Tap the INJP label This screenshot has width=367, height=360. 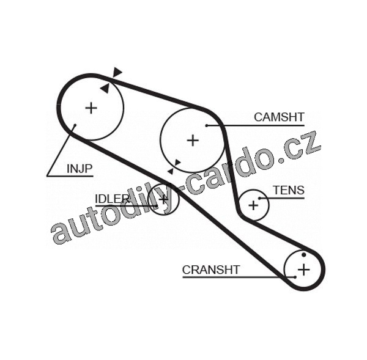pos(79,167)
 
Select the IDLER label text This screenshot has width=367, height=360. pos(112,198)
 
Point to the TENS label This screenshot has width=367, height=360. pos(288,190)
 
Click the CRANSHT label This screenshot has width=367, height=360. pos(211,270)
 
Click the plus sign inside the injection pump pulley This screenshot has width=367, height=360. pos(91,108)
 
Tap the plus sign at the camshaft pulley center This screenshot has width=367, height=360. pos(193,141)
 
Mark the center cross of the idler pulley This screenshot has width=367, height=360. pos(164,199)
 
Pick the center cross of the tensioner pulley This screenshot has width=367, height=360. pos(253,205)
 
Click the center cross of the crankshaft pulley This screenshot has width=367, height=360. pos(304,269)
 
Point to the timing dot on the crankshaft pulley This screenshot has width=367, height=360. pos(304,254)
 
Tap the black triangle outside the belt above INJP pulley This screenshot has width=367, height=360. pos(117,72)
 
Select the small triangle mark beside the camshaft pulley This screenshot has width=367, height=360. pos(177,163)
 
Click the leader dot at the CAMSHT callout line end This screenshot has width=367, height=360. pos(207,125)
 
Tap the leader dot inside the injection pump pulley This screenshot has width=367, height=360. pos(75,127)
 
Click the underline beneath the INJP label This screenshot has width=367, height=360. pos(70,176)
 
